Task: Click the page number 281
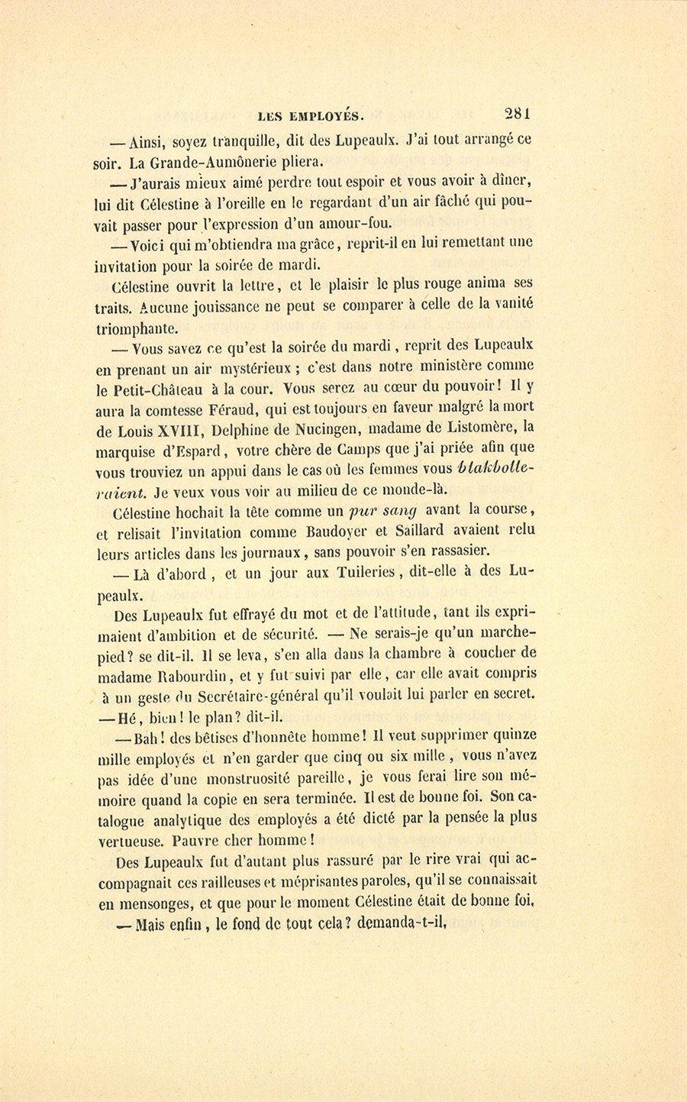(517, 115)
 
